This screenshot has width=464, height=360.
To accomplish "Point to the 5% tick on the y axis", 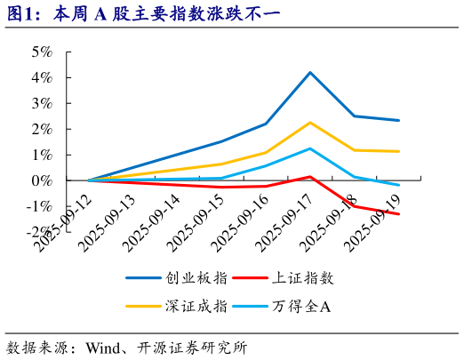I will [43, 52].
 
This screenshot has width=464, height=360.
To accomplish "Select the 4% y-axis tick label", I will [43, 77].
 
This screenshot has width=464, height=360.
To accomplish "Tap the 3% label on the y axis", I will [43, 103].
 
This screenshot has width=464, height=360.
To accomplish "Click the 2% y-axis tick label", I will [43, 129].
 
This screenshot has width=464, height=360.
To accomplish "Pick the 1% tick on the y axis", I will [43, 155].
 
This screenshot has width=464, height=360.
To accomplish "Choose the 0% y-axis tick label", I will [43, 180].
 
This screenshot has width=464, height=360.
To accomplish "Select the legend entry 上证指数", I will [308, 278].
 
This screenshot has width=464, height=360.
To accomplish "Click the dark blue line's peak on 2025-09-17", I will [309, 72].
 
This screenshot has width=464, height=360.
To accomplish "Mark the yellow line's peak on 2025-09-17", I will [309, 123].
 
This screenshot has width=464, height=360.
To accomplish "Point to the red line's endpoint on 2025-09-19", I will [398, 214].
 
